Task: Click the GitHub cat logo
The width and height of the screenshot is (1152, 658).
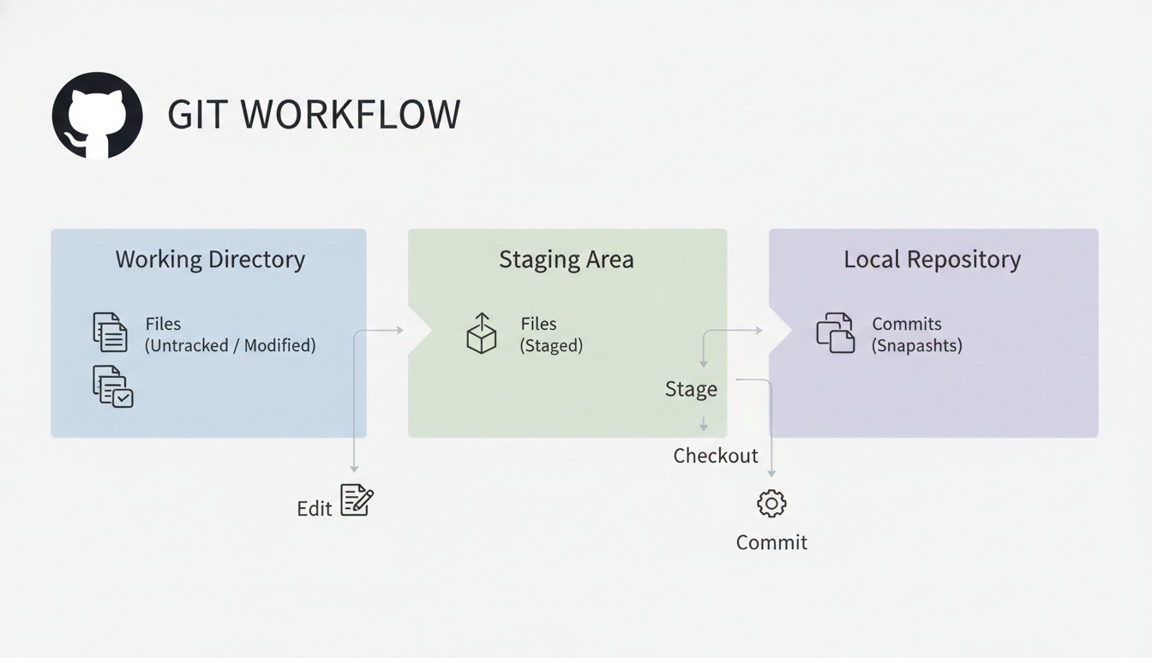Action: (x=97, y=115)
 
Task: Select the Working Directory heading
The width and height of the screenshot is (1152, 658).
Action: (x=210, y=260)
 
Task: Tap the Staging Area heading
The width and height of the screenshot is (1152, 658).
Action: (x=567, y=260)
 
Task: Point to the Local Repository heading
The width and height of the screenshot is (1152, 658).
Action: (x=932, y=260)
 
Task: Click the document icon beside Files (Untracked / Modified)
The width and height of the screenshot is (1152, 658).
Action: (x=110, y=332)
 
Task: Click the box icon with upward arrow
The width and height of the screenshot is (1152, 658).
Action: (x=481, y=333)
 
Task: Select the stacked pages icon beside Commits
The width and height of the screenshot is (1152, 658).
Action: (x=835, y=333)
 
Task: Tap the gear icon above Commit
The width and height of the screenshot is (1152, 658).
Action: (x=771, y=504)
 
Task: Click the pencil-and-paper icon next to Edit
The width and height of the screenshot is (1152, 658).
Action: (x=357, y=500)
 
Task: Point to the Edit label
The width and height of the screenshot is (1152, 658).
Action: (x=314, y=509)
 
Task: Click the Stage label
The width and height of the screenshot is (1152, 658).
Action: (x=691, y=389)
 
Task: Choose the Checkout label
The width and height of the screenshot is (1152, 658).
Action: (x=716, y=456)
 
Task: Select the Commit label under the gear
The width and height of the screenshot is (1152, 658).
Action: (x=771, y=542)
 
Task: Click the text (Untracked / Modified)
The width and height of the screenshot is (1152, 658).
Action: (x=230, y=346)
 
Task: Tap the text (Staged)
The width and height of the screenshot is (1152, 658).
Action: (x=551, y=346)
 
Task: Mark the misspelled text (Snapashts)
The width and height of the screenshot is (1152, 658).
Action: (x=916, y=346)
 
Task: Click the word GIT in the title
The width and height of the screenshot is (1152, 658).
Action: (x=198, y=115)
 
